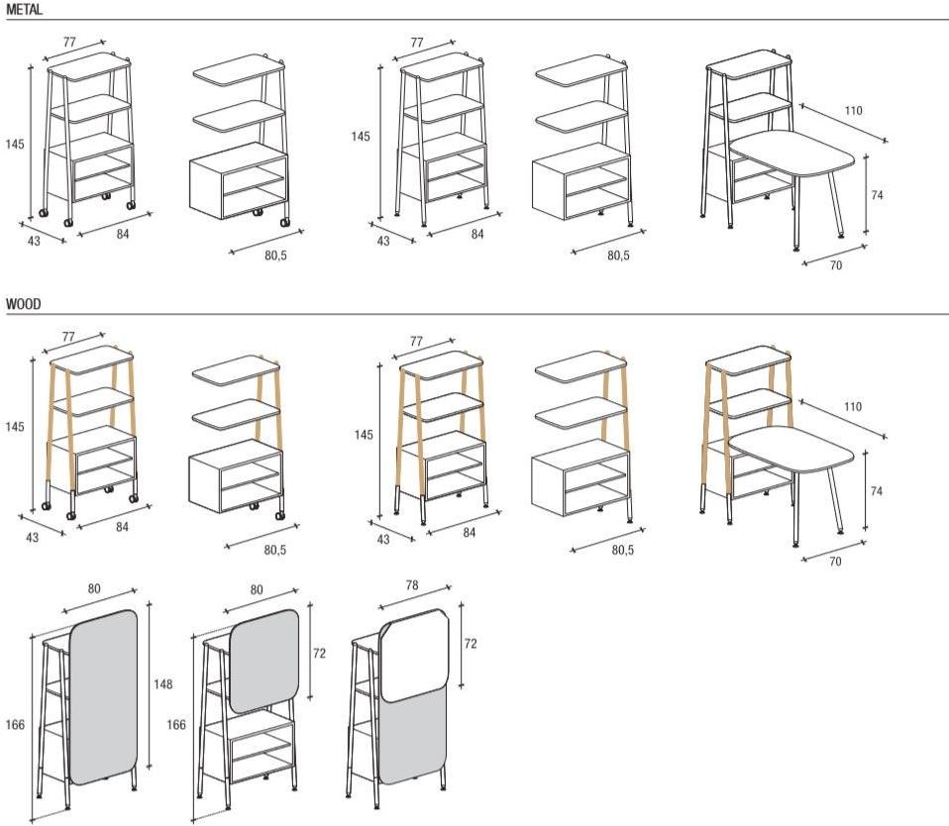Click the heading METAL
point(25,10)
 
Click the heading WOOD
point(24,304)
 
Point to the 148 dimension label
point(162,684)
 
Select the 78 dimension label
point(411,585)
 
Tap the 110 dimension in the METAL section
point(853,111)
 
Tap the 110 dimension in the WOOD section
point(852,407)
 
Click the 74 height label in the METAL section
point(877,195)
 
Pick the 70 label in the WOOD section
point(835,562)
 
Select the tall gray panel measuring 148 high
point(103,697)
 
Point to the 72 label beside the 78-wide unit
point(471,644)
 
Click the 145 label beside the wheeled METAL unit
point(15,144)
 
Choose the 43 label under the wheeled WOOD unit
point(32,537)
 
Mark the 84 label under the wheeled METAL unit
point(123,234)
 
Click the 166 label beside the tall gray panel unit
point(15,724)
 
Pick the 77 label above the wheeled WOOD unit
point(68,337)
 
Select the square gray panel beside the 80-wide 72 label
point(264,661)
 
